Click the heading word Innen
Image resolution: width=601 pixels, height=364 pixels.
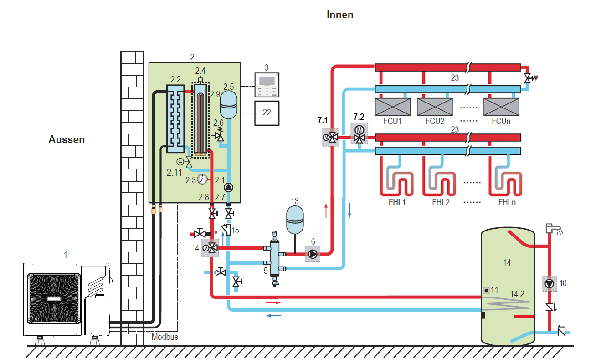(x=340, y=15)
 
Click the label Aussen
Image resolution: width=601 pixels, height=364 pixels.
(x=67, y=139)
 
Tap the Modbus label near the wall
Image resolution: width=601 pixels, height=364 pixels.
(x=164, y=337)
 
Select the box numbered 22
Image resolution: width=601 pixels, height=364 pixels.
(x=267, y=112)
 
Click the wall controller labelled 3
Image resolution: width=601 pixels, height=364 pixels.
(x=267, y=86)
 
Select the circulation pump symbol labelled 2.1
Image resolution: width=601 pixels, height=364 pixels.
(x=229, y=187)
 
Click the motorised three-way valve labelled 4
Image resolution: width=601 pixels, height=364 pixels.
(x=209, y=248)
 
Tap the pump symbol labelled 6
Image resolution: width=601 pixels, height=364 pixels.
(x=313, y=254)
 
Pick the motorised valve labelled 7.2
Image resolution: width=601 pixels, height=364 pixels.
(x=359, y=133)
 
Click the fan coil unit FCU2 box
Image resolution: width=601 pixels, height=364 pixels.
(x=435, y=107)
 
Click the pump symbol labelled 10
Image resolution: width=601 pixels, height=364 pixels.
(x=550, y=283)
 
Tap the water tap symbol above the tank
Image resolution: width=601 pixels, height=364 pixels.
(x=553, y=228)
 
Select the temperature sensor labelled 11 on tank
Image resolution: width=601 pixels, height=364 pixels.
(x=487, y=290)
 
